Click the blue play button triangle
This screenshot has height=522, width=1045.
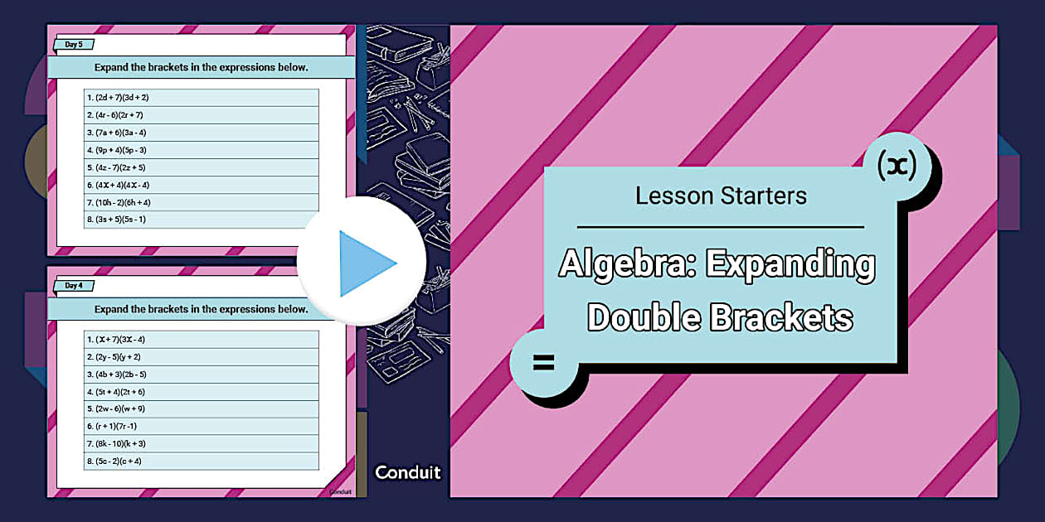pos(365,263)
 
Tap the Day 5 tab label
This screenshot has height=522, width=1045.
pos(74,45)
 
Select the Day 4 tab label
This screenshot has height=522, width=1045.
pos(74,286)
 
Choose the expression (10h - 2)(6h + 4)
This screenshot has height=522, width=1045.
pos(123,202)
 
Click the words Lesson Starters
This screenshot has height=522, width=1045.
pos(721,196)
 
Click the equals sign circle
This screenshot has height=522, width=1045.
pos(543,362)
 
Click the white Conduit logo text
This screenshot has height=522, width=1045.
pos(407,473)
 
